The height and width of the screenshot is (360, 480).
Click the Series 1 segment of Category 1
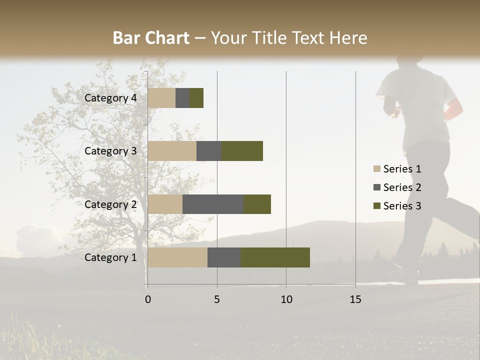[x=177, y=257]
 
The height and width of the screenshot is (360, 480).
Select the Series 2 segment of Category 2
[x=213, y=204]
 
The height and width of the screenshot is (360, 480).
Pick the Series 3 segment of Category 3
[x=242, y=151]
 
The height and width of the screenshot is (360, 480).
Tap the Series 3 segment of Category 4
[x=196, y=98]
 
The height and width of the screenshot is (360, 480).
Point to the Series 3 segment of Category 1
[x=275, y=257]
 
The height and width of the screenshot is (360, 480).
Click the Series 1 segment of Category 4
[x=161, y=98]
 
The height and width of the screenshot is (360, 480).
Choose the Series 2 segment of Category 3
[x=209, y=151]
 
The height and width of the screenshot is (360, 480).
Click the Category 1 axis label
[x=110, y=257]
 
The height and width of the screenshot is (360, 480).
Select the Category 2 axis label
[x=110, y=204]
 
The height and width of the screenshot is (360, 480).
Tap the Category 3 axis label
[x=110, y=151]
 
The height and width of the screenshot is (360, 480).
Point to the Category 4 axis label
[x=110, y=98]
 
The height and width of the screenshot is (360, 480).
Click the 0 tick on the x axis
[x=148, y=299]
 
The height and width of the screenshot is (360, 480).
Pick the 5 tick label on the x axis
[x=217, y=299]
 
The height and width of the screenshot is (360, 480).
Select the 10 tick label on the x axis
[x=286, y=299]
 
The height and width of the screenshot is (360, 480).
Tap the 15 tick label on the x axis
[x=355, y=299]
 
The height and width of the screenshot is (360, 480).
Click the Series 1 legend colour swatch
[x=376, y=169]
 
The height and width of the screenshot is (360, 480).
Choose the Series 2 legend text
[x=402, y=187]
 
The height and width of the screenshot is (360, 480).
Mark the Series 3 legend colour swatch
[x=376, y=206]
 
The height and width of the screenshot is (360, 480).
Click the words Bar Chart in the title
[x=150, y=38]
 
